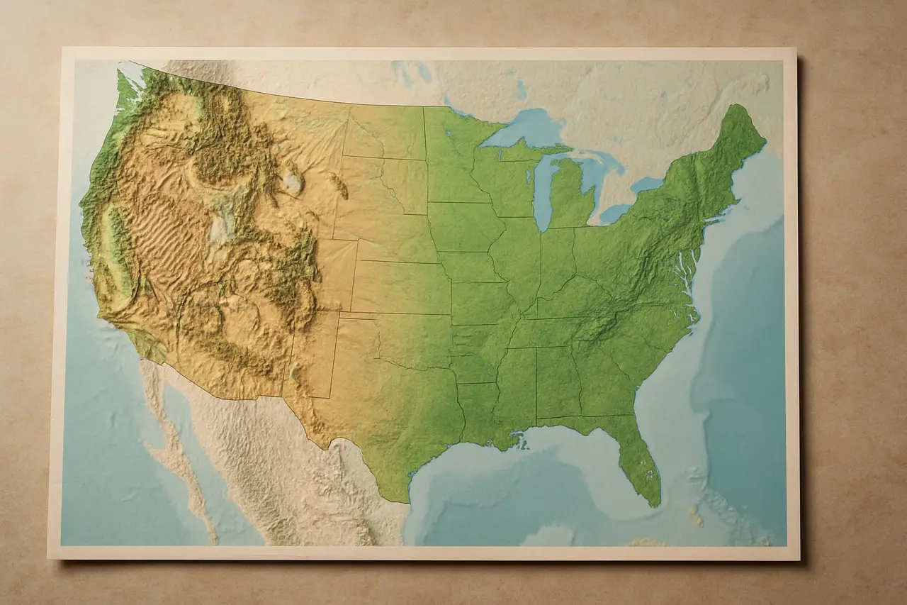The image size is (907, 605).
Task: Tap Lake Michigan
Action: pos(542,192)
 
